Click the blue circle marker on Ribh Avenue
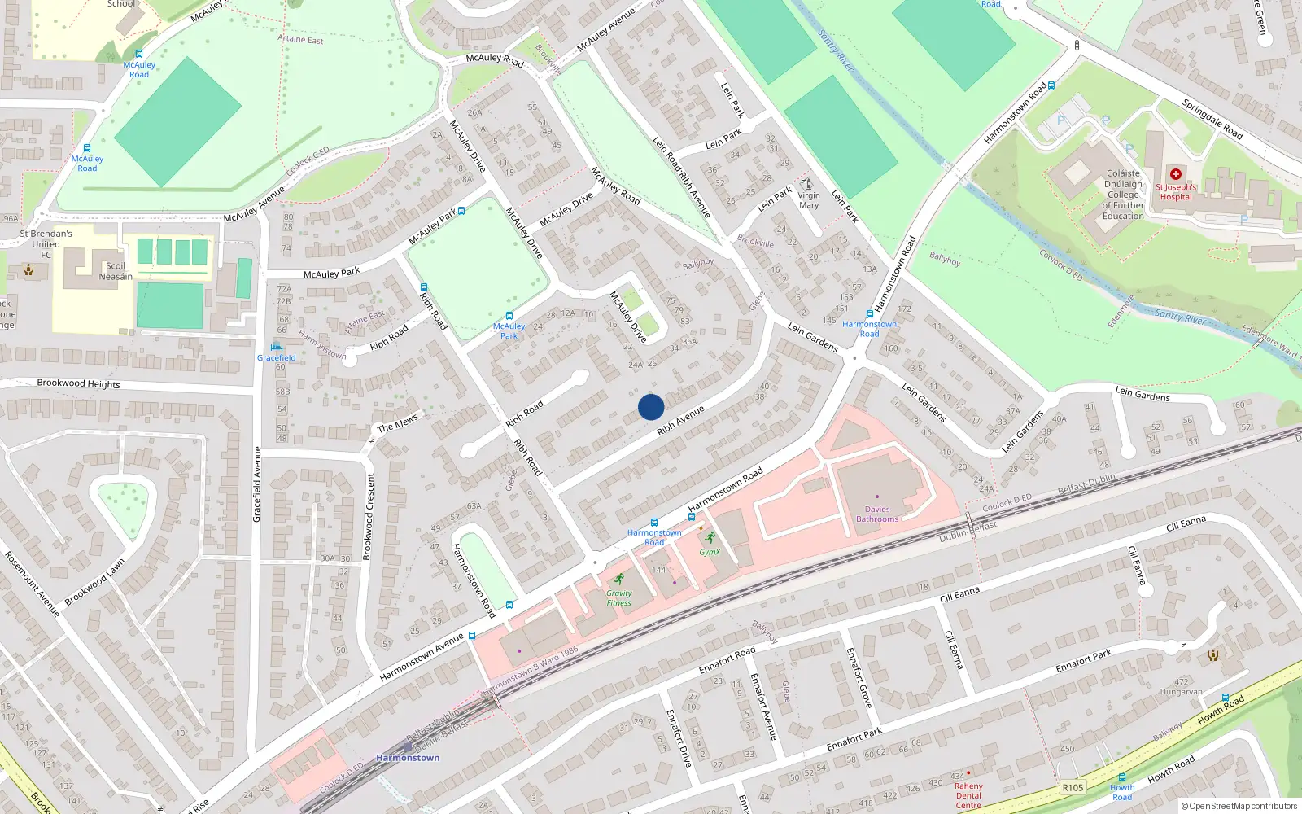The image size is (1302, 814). (x=651, y=407)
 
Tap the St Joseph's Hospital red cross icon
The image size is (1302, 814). (x=1175, y=174)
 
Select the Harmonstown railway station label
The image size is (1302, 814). (x=408, y=758)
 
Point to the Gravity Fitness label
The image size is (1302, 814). (x=618, y=598)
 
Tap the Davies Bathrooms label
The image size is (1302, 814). (x=877, y=514)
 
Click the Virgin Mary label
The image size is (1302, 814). (x=809, y=200)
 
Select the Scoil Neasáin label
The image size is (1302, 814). (x=116, y=271)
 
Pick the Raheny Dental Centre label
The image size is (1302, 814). (x=968, y=795)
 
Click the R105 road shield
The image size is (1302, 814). (x=1073, y=787)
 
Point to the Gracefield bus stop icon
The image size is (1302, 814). (x=277, y=347)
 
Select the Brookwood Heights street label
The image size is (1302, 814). (x=78, y=383)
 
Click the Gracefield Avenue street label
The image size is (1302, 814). (x=257, y=484)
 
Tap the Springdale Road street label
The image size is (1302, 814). (x=1212, y=119)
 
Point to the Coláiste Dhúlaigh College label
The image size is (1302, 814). (x=1123, y=195)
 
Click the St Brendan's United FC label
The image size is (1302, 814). (x=46, y=244)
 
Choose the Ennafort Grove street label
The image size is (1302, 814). (x=859, y=677)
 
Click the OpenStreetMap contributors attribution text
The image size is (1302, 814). (x=1239, y=806)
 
